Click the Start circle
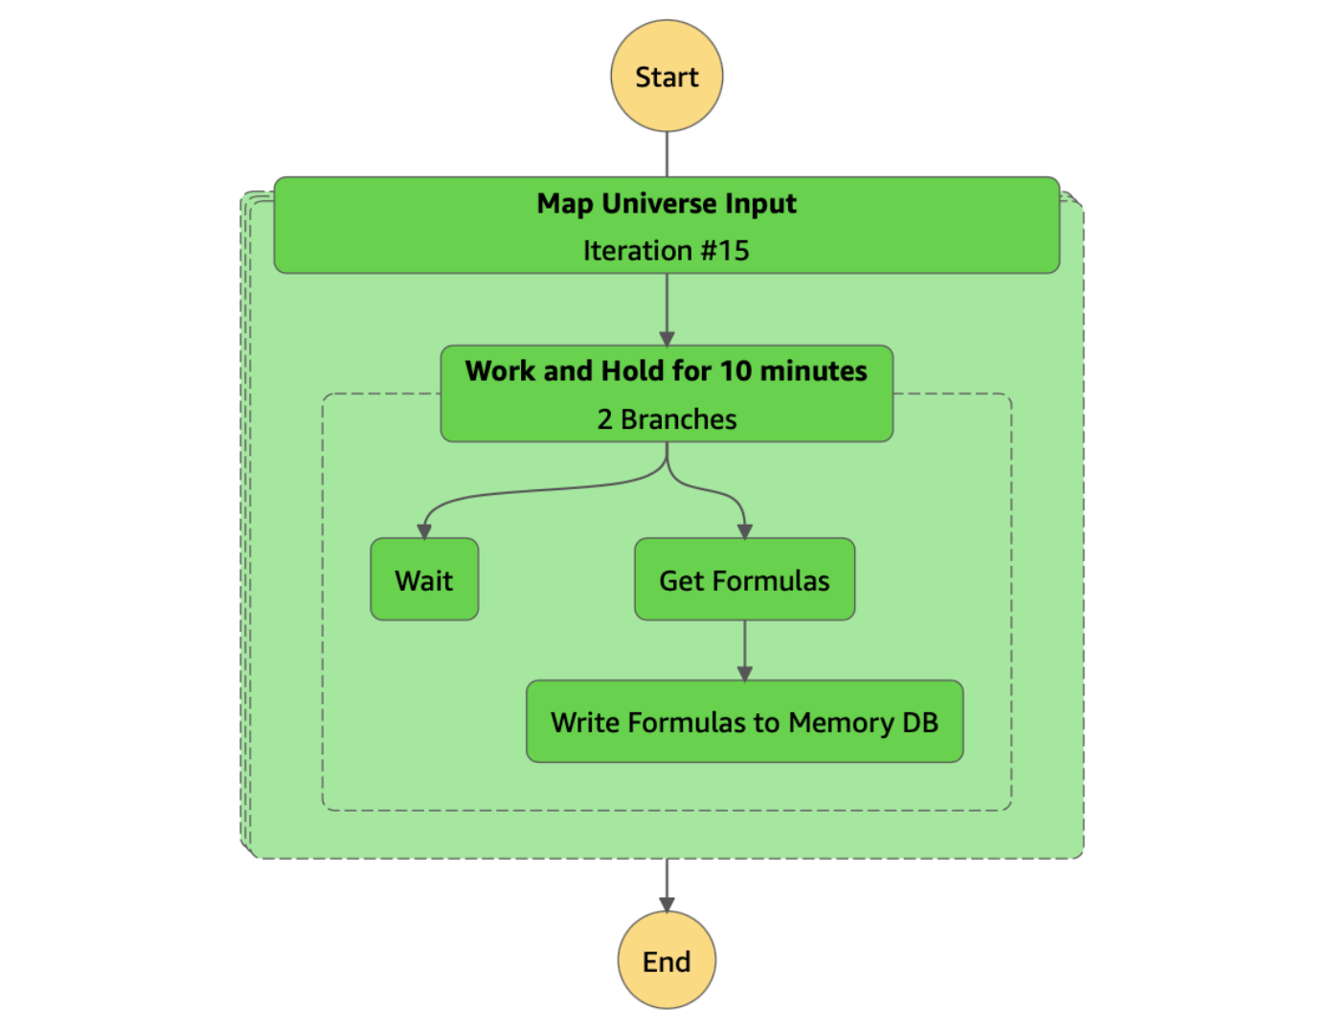667,77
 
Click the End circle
667,960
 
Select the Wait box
424,579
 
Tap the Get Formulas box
744,579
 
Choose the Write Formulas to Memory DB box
744,722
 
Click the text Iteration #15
667,251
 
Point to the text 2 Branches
667,419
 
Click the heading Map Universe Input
667,204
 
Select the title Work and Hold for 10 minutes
667,371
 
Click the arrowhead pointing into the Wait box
424,530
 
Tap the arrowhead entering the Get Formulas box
744,530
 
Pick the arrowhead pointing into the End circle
667,904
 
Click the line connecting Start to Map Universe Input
667,154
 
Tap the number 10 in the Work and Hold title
735,371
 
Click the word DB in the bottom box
920,723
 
